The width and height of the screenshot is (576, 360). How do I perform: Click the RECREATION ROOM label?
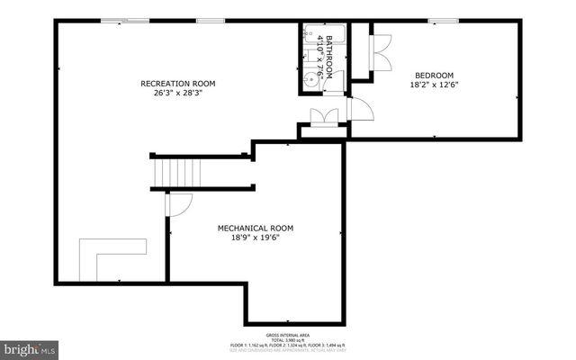(177, 84)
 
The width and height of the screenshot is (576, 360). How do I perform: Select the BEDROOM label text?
(434, 75)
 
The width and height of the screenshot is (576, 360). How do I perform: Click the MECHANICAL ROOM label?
(255, 228)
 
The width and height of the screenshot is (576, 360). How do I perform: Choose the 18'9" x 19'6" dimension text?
(255, 238)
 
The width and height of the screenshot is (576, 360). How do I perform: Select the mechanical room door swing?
(178, 204)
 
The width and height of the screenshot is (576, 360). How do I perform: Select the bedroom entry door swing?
(359, 107)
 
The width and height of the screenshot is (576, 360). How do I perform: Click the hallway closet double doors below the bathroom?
(322, 117)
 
